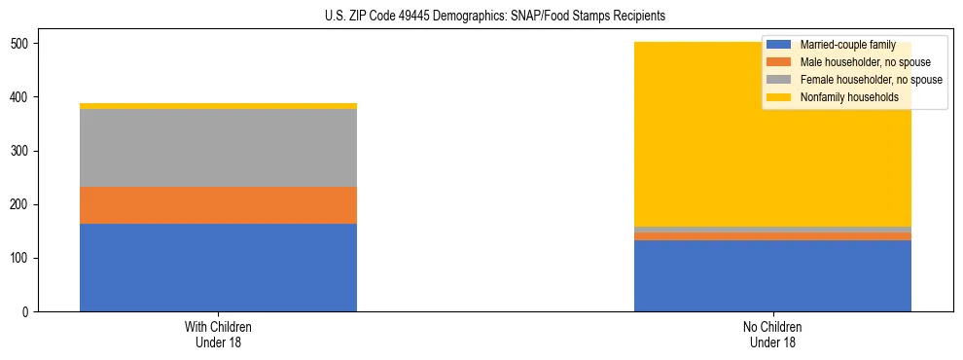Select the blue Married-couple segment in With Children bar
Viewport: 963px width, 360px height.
[x=218, y=268]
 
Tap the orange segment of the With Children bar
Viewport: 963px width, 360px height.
[x=218, y=205]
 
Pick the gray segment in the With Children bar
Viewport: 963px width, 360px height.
[x=218, y=148]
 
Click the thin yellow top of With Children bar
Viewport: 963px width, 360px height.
[x=218, y=106]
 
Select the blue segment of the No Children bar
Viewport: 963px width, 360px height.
[x=772, y=275]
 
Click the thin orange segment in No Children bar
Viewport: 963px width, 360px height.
[x=772, y=236]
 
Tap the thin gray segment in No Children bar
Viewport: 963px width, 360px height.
[x=772, y=230]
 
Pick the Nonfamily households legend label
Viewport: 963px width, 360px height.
[x=849, y=97]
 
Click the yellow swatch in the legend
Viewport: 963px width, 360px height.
[x=779, y=97]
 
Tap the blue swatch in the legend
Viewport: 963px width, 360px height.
[x=779, y=46]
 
